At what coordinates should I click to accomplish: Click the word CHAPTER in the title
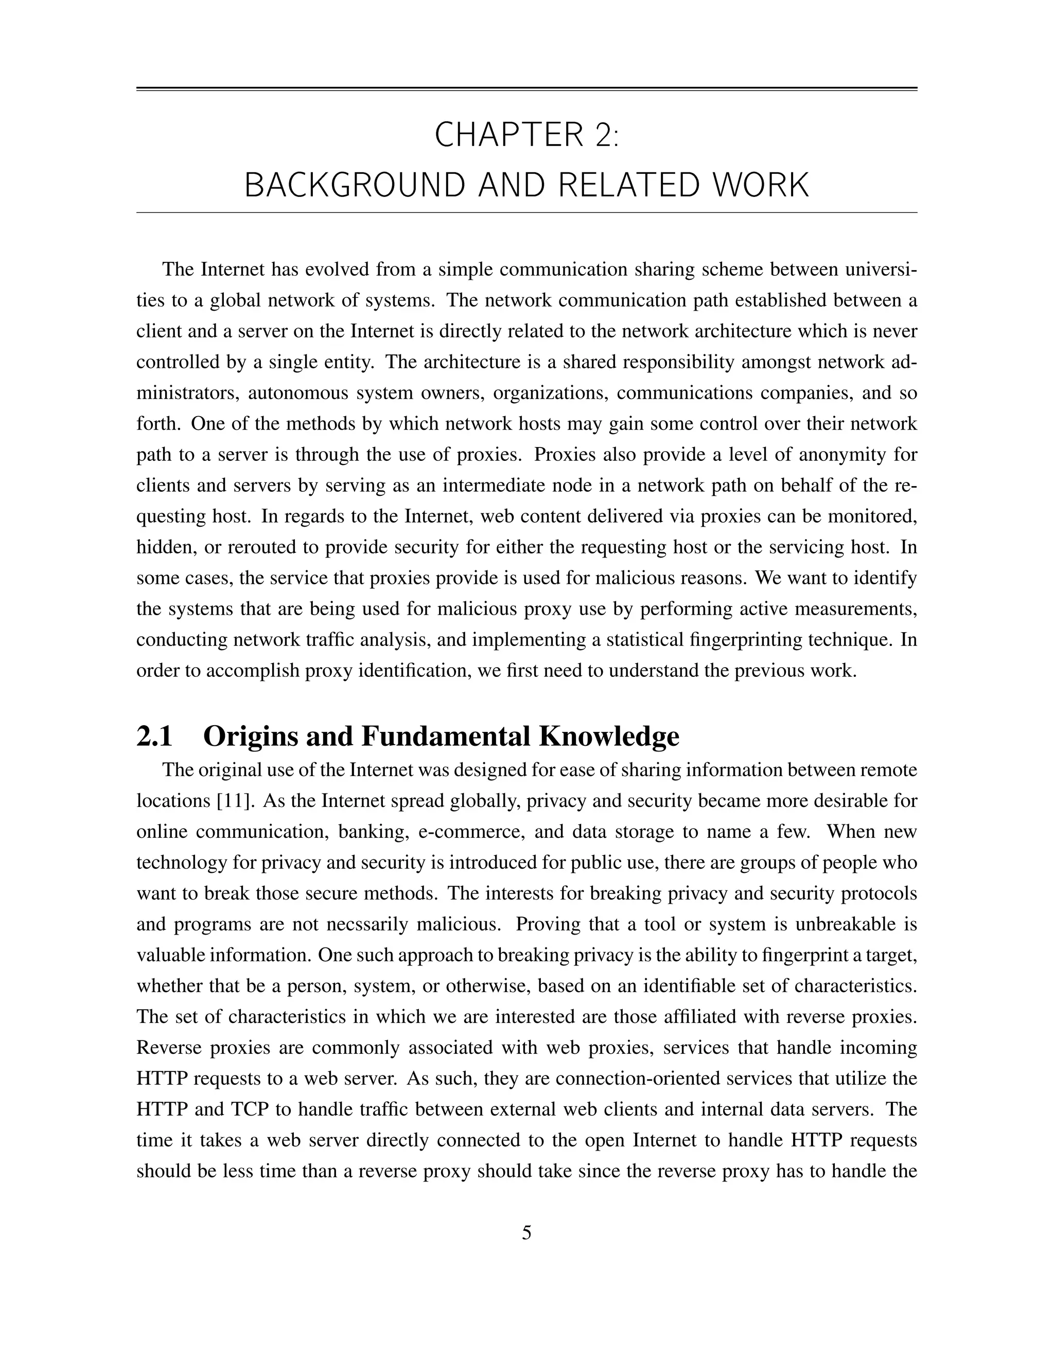(x=506, y=135)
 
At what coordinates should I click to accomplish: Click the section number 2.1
(x=154, y=737)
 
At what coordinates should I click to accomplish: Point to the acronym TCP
(x=250, y=1109)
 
